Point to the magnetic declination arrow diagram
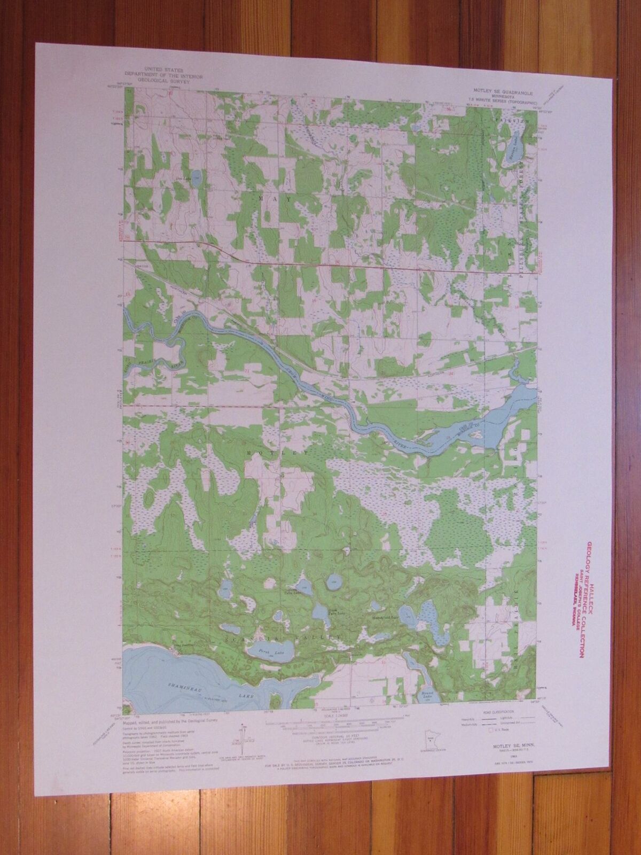[243, 737]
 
